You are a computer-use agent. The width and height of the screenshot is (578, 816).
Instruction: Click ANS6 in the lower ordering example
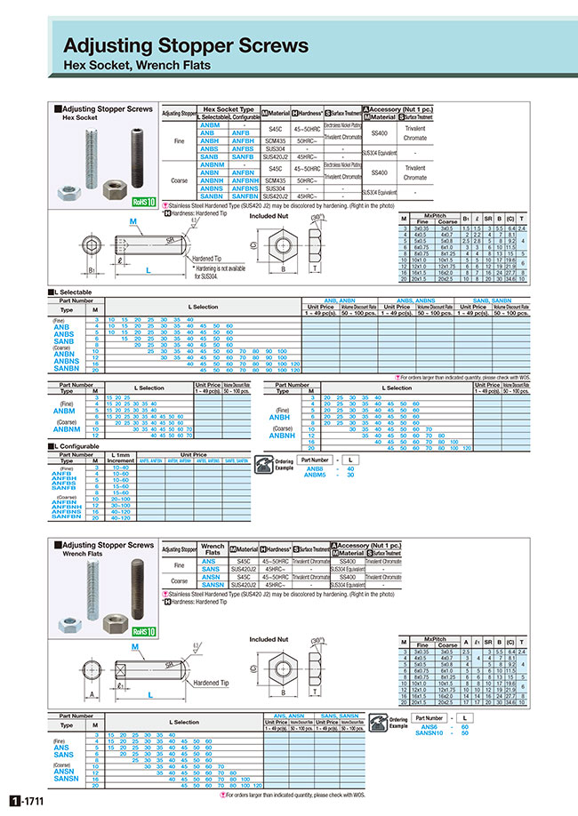point(429,727)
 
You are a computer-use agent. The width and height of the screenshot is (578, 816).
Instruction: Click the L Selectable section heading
point(77,292)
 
